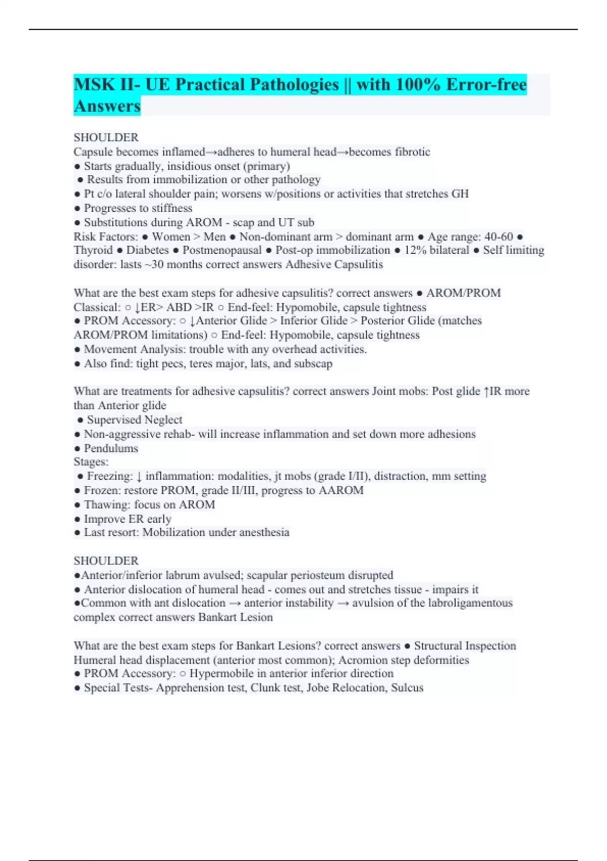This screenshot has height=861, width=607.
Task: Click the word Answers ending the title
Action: coord(107,106)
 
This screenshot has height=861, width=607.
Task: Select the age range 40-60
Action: coord(499,237)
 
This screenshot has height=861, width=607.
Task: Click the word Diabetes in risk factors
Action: coord(148,250)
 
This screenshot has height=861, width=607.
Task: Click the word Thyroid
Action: coord(93,250)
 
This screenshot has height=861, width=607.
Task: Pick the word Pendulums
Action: coord(111,448)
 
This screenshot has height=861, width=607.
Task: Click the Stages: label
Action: coord(91,462)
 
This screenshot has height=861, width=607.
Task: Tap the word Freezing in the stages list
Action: coord(110,476)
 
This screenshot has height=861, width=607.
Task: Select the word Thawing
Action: coord(106,504)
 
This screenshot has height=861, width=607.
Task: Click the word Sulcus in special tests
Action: coord(407,688)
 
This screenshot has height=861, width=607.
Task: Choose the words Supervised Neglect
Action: coord(135,420)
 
